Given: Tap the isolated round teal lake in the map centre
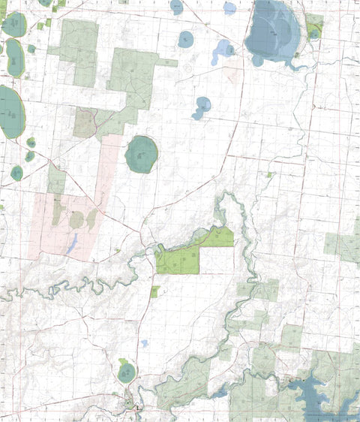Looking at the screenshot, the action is tap(141, 154).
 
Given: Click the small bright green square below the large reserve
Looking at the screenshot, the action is tap(154, 291).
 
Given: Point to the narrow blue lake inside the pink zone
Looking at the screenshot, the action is tap(73, 243).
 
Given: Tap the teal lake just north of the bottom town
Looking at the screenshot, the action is tap(127, 371).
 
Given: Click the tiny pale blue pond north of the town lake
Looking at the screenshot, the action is tap(143, 343).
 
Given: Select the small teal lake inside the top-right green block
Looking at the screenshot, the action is tap(314, 32).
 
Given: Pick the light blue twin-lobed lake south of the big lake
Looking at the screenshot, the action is tap(202, 107).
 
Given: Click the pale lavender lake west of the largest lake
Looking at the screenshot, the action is tap(223, 52).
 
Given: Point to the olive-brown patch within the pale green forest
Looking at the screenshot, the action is tap(85, 122).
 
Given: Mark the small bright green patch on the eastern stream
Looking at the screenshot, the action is tap(270, 175).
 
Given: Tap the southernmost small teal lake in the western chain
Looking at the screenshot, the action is tap(16, 173).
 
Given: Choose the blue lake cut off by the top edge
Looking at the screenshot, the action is tap(176, 7).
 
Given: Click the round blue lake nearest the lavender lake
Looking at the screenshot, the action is tap(185, 38).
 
